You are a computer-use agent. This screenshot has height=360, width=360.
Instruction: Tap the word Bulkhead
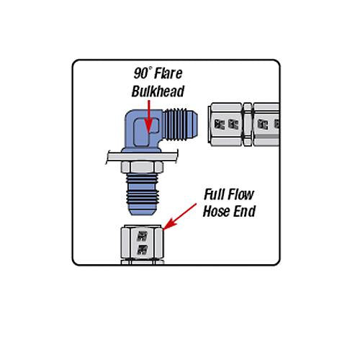(x=158, y=91)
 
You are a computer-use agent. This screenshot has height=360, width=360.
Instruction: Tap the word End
(x=243, y=212)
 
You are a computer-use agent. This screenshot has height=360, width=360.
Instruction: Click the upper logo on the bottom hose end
(x=142, y=235)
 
